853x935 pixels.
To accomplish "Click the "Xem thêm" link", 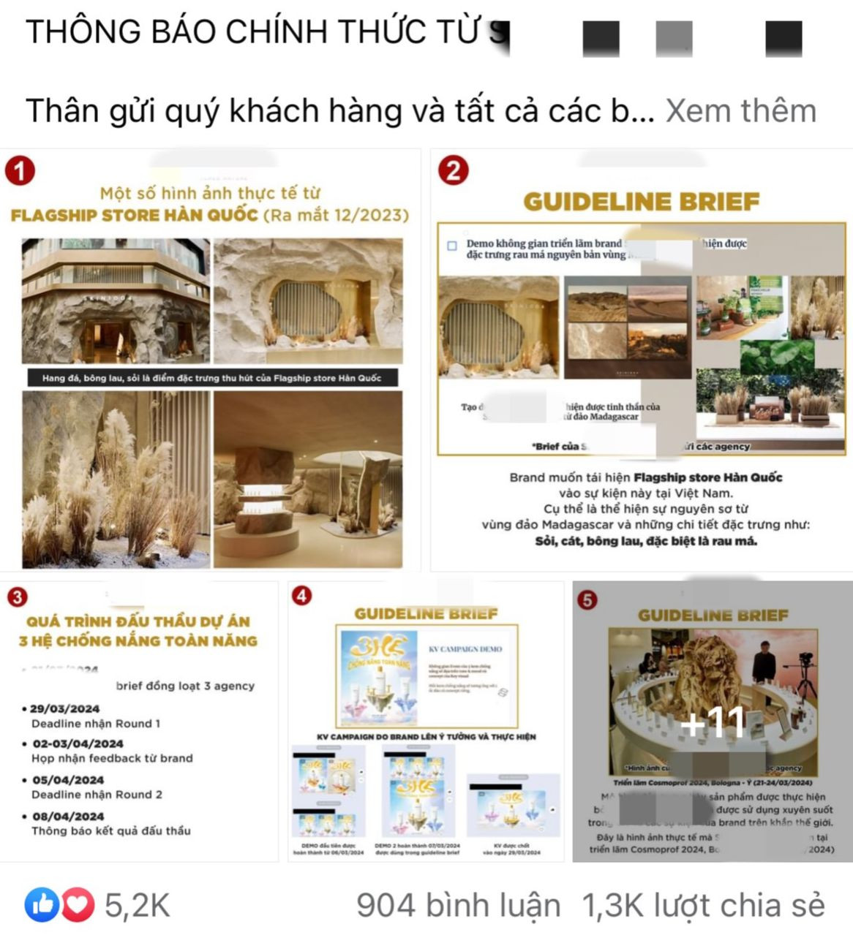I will coord(740,111).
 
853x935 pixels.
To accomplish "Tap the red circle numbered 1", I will coord(20,171).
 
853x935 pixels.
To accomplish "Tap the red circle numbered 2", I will coord(453,171).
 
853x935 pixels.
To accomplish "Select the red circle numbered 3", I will coord(16,597).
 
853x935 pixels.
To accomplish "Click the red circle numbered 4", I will coord(301,596).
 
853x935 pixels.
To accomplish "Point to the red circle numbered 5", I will coord(587,600).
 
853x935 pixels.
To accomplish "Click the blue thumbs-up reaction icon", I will coord(42,906).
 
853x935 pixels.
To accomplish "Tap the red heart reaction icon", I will coord(78,906).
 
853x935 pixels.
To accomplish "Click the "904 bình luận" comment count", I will coord(458,906).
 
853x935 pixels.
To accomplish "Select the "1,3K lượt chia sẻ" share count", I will coord(703,906).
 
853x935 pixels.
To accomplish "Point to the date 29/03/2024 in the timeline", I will coord(64,708).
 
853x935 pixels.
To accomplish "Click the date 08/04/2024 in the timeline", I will coord(68,816).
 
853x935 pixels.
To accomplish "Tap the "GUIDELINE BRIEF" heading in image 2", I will coord(641,202).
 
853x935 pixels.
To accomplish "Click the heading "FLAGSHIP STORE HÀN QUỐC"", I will coord(135,216).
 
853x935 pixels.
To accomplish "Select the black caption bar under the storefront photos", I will coord(212,378).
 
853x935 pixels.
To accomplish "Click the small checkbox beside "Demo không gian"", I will coord(452,246).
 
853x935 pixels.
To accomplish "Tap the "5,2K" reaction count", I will coord(137,906).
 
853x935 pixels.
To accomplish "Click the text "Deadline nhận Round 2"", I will coord(97,795).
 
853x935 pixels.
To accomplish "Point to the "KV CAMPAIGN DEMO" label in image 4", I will coord(465,649).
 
